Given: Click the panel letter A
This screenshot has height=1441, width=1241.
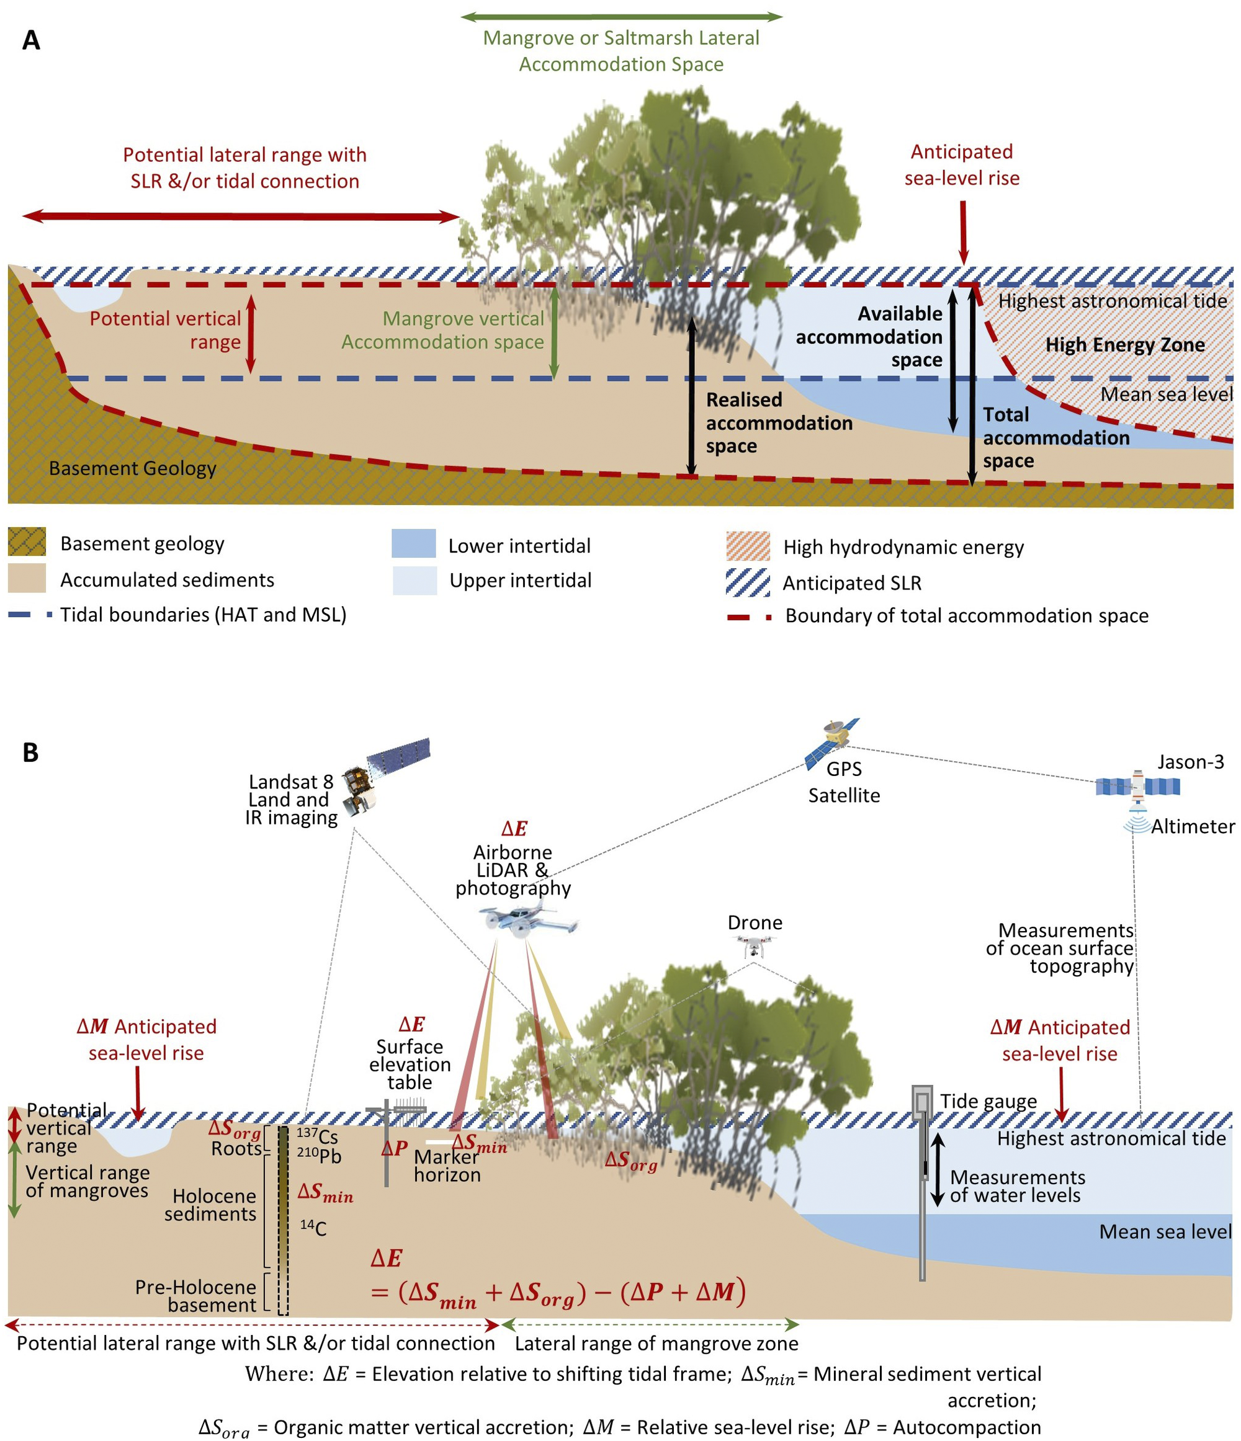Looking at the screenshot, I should (31, 40).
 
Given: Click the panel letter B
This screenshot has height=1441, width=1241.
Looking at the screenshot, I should (30, 752).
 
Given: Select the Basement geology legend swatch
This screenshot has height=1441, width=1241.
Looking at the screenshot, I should (27, 542).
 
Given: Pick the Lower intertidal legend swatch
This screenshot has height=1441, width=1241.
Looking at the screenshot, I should (414, 544).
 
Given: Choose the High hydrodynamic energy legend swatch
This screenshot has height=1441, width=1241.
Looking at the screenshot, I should (748, 546).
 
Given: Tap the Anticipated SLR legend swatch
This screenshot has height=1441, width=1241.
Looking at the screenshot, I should (748, 582).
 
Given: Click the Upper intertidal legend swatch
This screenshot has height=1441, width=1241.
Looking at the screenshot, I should (414, 580).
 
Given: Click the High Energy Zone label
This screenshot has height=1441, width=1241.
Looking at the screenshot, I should (1124, 345).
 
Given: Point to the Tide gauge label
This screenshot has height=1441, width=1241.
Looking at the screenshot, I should (988, 1101).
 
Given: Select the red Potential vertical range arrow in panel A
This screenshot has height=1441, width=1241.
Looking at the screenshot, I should (251, 333).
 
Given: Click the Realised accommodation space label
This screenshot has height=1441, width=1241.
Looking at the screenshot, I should (778, 423).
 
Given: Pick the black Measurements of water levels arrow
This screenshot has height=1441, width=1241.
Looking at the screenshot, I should (937, 1169).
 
